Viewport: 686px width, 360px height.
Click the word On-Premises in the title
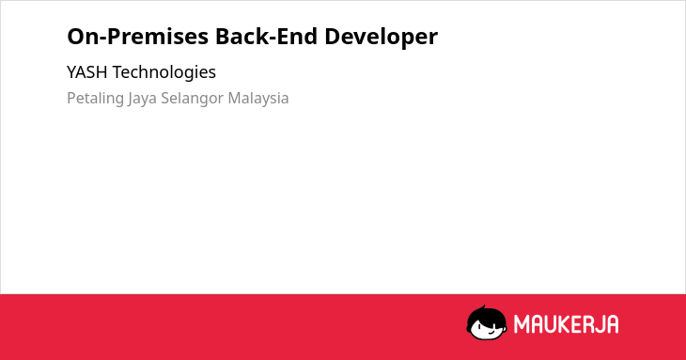pos(138,36)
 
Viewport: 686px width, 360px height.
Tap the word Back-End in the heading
pos(266,36)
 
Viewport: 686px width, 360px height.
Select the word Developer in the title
pos(382,38)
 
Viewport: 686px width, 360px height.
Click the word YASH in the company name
pos(87,72)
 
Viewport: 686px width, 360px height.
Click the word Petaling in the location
pos(95,99)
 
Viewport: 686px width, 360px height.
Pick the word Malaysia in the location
pos(258,99)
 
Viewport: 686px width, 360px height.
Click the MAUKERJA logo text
pos(566,324)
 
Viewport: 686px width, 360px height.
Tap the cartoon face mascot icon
pos(487,322)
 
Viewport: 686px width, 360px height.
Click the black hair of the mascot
pos(486,315)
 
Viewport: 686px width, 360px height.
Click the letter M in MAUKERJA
pos(521,324)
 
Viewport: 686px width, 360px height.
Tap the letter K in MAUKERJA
pos(564,324)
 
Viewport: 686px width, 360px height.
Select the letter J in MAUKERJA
pos(599,324)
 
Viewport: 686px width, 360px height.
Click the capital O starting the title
pos(76,37)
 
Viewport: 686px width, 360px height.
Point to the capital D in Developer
pos(333,37)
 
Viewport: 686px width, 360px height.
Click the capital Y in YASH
pos(71,72)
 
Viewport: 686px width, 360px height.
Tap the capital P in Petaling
pos(71,98)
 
